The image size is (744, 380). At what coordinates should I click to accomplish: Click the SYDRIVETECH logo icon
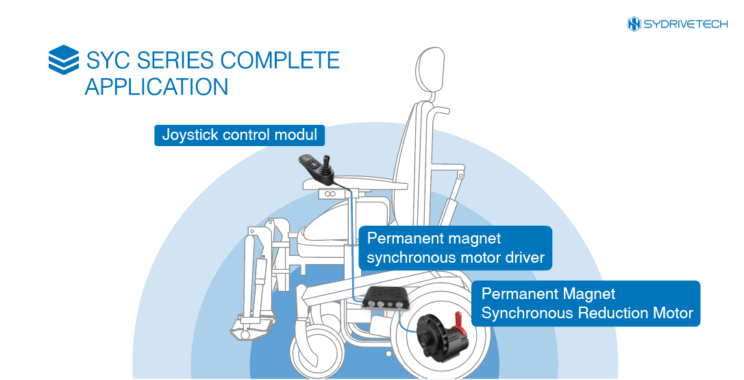point(634,24)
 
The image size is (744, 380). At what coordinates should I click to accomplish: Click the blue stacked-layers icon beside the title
point(64,60)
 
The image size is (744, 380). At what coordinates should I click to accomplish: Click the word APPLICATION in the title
point(156,87)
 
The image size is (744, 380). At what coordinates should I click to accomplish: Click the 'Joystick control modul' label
point(239,134)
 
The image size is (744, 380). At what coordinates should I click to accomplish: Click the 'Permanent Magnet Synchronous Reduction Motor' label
point(587,303)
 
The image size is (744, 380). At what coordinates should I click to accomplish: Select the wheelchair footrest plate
point(250,333)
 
